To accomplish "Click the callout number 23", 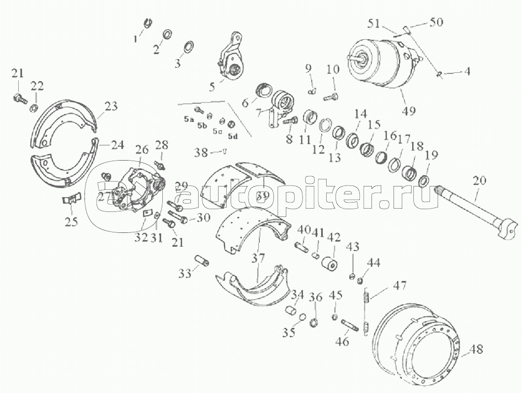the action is click(111, 107).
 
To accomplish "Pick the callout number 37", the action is click(258, 258).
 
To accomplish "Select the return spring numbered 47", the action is click(366, 311).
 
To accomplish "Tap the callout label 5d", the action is click(233, 136).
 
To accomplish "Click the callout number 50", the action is click(436, 22).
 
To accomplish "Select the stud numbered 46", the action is click(349, 326).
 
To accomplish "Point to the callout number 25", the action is click(71, 221).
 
